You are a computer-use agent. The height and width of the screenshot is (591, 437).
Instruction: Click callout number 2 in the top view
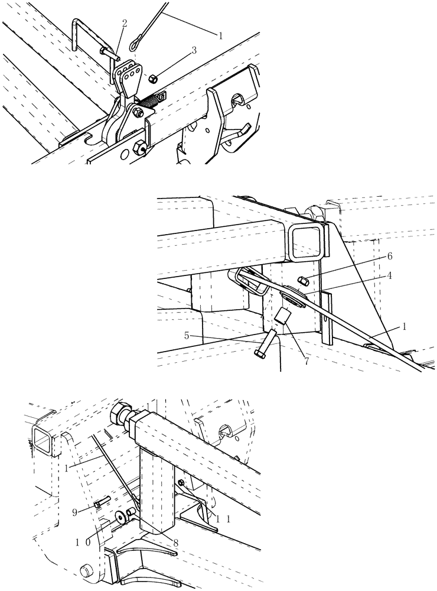click(125, 23)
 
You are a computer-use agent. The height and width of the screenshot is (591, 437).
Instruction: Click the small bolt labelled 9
click(100, 503)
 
